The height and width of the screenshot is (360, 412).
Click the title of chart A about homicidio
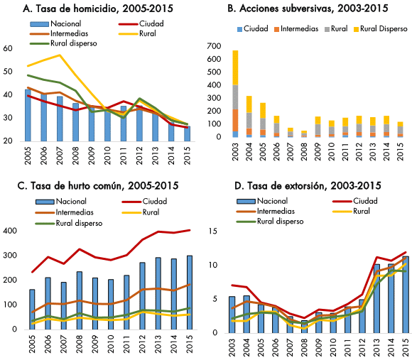click(x=98, y=9)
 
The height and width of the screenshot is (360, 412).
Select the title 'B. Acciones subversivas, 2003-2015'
click(x=308, y=9)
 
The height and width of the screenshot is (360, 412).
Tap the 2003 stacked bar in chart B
click(x=235, y=94)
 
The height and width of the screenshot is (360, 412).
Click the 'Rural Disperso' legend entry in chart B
click(x=380, y=28)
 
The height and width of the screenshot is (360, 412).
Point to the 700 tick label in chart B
click(x=214, y=46)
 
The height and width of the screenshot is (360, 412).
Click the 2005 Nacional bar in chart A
click(x=28, y=115)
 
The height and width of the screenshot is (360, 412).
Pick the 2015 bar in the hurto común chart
click(x=190, y=293)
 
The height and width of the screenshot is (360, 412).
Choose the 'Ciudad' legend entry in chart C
click(x=144, y=202)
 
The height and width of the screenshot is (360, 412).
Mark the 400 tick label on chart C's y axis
click(x=10, y=231)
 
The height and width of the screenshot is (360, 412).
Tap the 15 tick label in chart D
click(x=213, y=231)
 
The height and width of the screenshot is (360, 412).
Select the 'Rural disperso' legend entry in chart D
click(x=270, y=222)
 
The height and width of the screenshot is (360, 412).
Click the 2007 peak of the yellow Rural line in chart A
click(x=60, y=55)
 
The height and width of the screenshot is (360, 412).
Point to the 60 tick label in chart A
click(x=8, y=48)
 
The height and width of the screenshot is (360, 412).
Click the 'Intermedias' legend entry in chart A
click(x=59, y=33)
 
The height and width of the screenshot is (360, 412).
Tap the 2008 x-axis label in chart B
click(x=304, y=152)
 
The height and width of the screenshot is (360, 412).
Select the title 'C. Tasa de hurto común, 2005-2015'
click(x=98, y=185)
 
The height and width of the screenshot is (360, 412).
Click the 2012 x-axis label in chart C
click(x=142, y=344)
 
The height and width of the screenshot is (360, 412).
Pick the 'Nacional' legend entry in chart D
click(x=262, y=201)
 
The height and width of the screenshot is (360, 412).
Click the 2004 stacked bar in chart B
click(x=249, y=116)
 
